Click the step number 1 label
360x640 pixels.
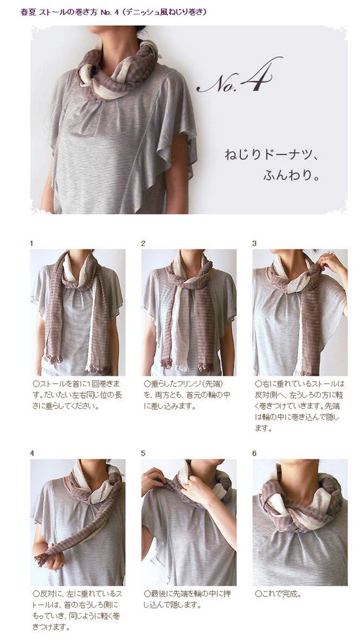(31, 243)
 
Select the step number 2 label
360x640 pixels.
(143, 243)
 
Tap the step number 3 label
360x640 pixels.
(254, 243)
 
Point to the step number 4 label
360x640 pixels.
(32, 453)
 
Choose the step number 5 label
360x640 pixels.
(143, 453)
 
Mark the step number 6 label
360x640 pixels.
(254, 453)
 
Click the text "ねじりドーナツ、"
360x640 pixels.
(270, 155)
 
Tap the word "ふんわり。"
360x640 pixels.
(291, 176)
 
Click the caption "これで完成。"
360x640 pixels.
(278, 594)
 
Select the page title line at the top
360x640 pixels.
(113, 12)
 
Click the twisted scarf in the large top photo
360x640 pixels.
(118, 71)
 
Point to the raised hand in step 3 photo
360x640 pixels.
(331, 262)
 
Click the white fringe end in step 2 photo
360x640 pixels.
(179, 366)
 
